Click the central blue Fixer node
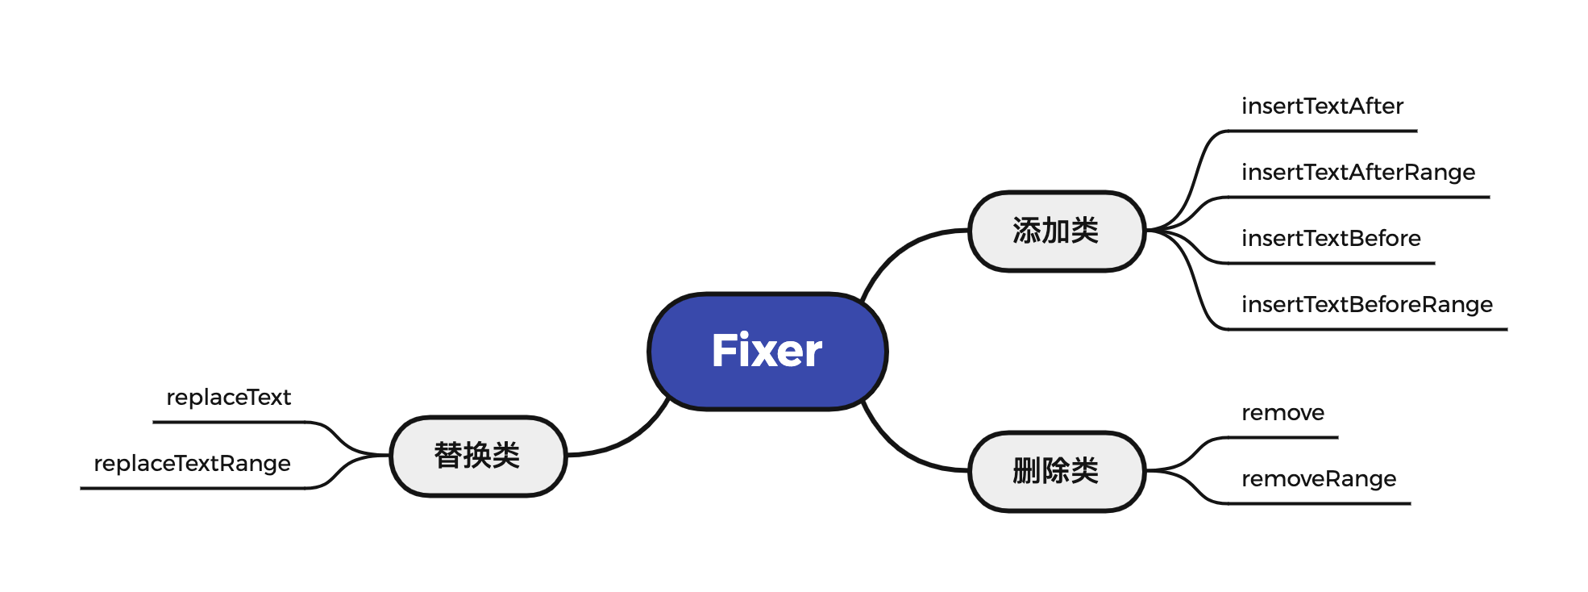(x=767, y=351)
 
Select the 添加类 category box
(x=1056, y=231)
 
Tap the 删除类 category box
(x=1056, y=471)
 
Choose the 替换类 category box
(x=478, y=456)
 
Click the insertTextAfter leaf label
(x=1322, y=106)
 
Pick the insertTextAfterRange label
(x=1358, y=173)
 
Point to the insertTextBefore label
(x=1331, y=239)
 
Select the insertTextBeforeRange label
(x=1367, y=305)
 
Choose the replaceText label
(x=228, y=398)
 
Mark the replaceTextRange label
(x=192, y=464)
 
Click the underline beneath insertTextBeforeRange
(x=1370, y=329)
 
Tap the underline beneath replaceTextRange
(x=193, y=488)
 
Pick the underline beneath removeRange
(x=1322, y=503)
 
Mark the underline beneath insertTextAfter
(x=1322, y=131)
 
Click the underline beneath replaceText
(x=230, y=422)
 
